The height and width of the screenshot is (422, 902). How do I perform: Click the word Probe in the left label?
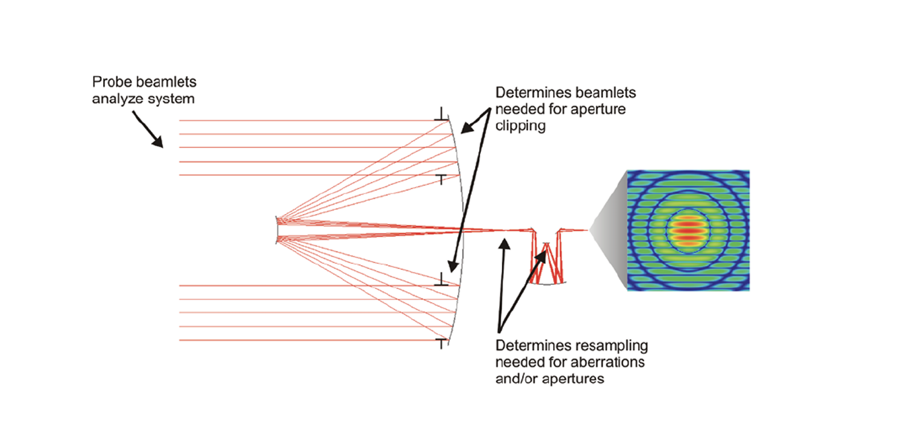pyautogui.click(x=107, y=81)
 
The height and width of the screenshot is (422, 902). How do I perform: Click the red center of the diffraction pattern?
pyautogui.click(x=688, y=230)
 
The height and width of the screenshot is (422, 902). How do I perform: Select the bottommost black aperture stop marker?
pyautogui.click(x=442, y=344)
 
